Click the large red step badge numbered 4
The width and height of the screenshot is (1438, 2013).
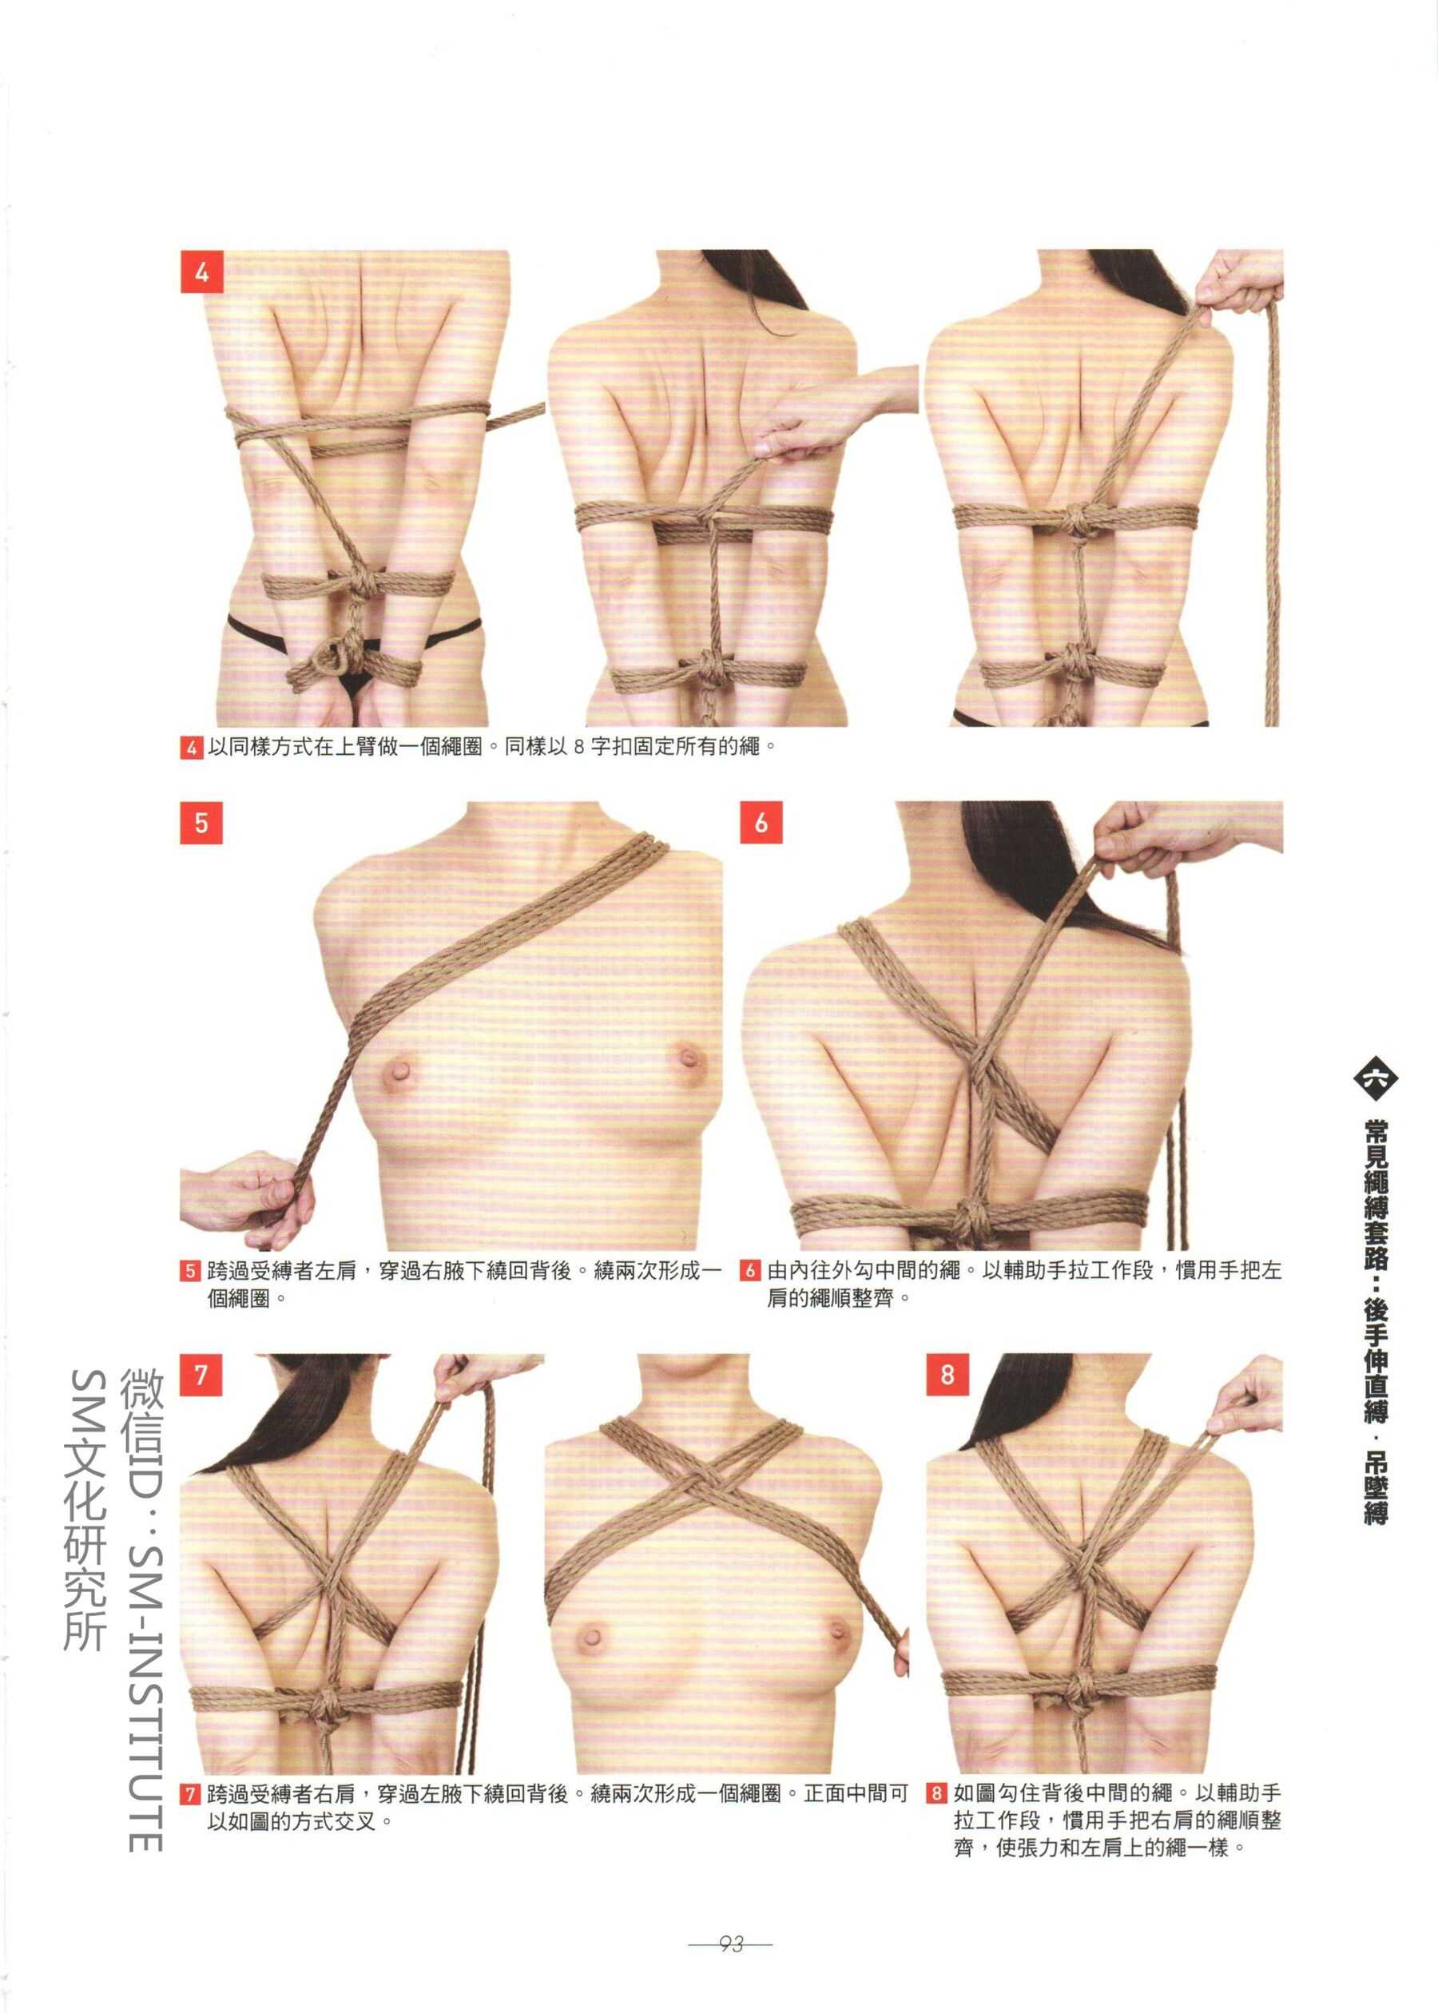(202, 272)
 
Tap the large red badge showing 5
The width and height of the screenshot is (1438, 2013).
(201, 824)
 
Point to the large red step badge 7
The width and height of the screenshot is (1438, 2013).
(201, 1375)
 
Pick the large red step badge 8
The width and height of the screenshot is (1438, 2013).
(947, 1375)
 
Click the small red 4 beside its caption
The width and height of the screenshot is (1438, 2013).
(191, 747)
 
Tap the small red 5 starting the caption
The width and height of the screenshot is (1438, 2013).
(191, 1271)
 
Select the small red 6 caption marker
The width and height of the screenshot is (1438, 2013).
(750, 1271)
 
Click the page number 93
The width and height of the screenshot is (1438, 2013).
(730, 1944)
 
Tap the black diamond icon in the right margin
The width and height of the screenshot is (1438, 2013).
(1375, 1079)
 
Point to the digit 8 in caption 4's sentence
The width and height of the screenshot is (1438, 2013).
(578, 747)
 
